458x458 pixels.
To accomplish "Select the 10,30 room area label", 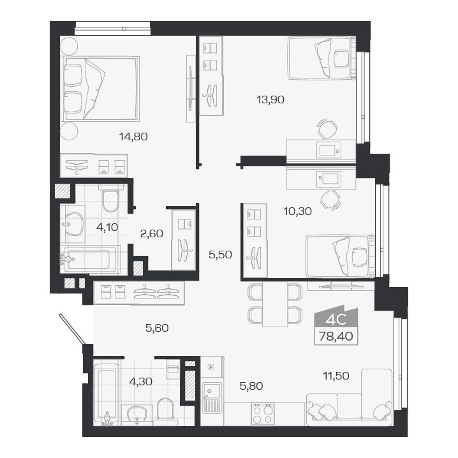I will tap(297, 211).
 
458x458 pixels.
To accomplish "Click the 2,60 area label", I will tap(151, 233).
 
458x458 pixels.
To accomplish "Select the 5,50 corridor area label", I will tap(220, 253).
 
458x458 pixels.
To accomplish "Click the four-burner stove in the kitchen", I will tap(262, 413).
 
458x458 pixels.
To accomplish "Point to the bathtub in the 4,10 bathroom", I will tap(91, 259).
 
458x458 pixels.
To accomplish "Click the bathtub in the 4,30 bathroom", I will tap(106, 393).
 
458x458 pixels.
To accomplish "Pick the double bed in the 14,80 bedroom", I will tap(100, 89).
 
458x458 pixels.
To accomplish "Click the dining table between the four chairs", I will tap(275, 304).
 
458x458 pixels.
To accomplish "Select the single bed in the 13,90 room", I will tap(321, 59).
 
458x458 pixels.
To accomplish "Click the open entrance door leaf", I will tap(71, 330).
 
